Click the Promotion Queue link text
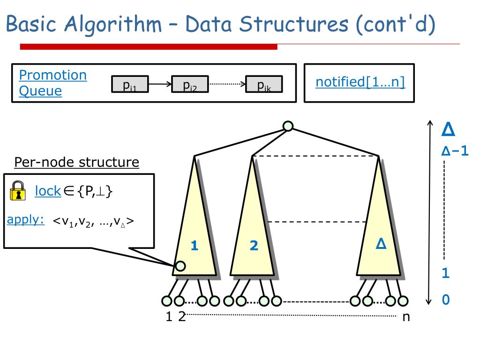(x=52, y=82)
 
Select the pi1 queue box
(x=129, y=84)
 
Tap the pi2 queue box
(x=190, y=84)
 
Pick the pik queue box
(x=264, y=84)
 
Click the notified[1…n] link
(x=360, y=82)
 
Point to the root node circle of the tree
(x=288, y=126)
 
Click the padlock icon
(x=18, y=190)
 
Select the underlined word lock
(x=48, y=191)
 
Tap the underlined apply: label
(x=26, y=220)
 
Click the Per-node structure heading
(x=76, y=163)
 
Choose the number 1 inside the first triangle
(x=194, y=246)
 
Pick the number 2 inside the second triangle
(x=254, y=246)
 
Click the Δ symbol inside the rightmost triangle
(x=381, y=244)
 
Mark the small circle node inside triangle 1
(x=180, y=266)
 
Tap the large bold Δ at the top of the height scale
(x=449, y=129)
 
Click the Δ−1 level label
(x=455, y=151)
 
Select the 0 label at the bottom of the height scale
(x=446, y=300)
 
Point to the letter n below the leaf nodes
(x=406, y=317)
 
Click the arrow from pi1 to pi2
(x=160, y=84)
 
